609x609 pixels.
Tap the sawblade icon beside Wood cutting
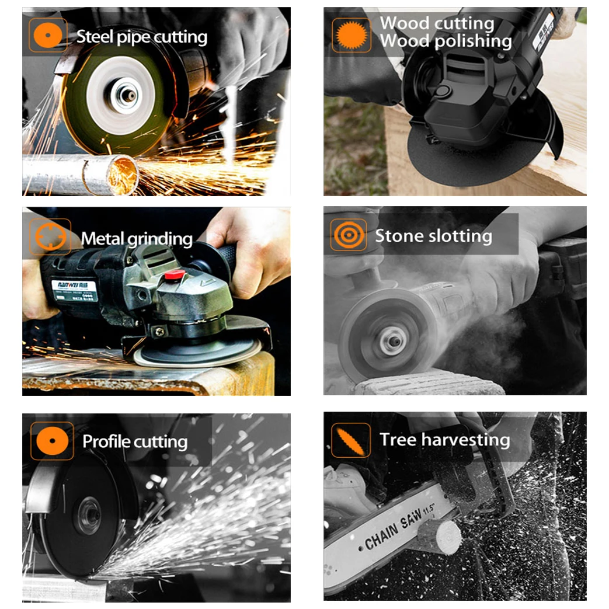(x=351, y=36)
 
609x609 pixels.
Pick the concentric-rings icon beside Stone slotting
(x=349, y=235)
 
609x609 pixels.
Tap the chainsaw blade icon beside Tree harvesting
(x=351, y=440)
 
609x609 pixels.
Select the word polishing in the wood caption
(x=475, y=41)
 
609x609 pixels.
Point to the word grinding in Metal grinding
(x=161, y=239)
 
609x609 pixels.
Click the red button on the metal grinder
(x=172, y=274)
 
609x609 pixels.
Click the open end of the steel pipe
(x=122, y=173)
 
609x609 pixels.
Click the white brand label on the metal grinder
(x=70, y=287)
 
